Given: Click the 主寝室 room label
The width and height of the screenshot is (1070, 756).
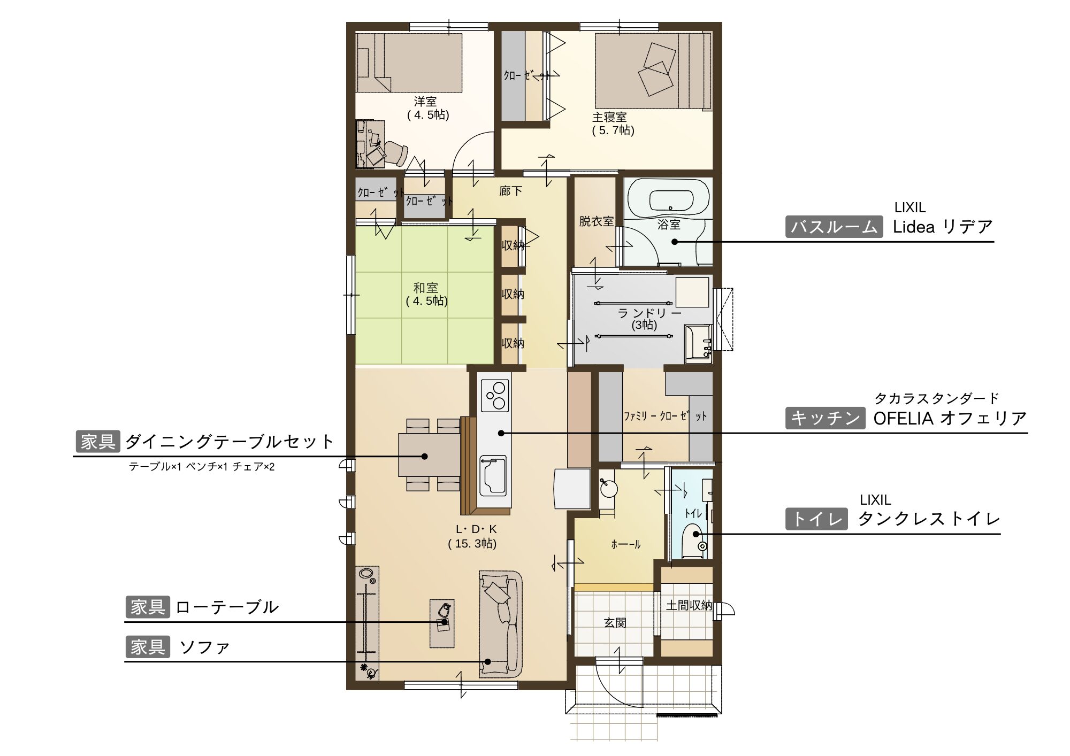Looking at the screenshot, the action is coord(609,117).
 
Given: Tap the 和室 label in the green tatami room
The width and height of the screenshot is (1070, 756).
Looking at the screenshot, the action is coord(425,288).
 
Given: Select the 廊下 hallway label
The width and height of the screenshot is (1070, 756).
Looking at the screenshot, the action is coord(510,191).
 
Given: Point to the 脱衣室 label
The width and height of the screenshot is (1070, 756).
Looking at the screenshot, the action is coord(596,221).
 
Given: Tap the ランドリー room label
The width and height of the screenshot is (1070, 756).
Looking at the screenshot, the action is coord(649,313).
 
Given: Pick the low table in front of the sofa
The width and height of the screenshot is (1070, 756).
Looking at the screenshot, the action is coord(442,623).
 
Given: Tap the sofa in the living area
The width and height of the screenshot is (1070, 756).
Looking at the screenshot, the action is coord(500,624).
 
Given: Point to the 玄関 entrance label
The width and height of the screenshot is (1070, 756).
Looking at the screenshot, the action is coord(615,623).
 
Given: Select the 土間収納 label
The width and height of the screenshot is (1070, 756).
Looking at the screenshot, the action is coord(689,605).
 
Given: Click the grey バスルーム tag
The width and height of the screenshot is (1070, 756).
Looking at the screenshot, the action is coord(834,227).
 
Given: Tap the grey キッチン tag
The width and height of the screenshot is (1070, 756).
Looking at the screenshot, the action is coord(824,418).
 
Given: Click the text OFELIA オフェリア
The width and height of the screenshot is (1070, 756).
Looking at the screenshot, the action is coord(950,418).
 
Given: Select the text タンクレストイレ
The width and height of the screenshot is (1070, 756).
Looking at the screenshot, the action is coord(929,519).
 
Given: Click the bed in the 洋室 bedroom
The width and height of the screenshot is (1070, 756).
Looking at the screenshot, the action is coord(409,63).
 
